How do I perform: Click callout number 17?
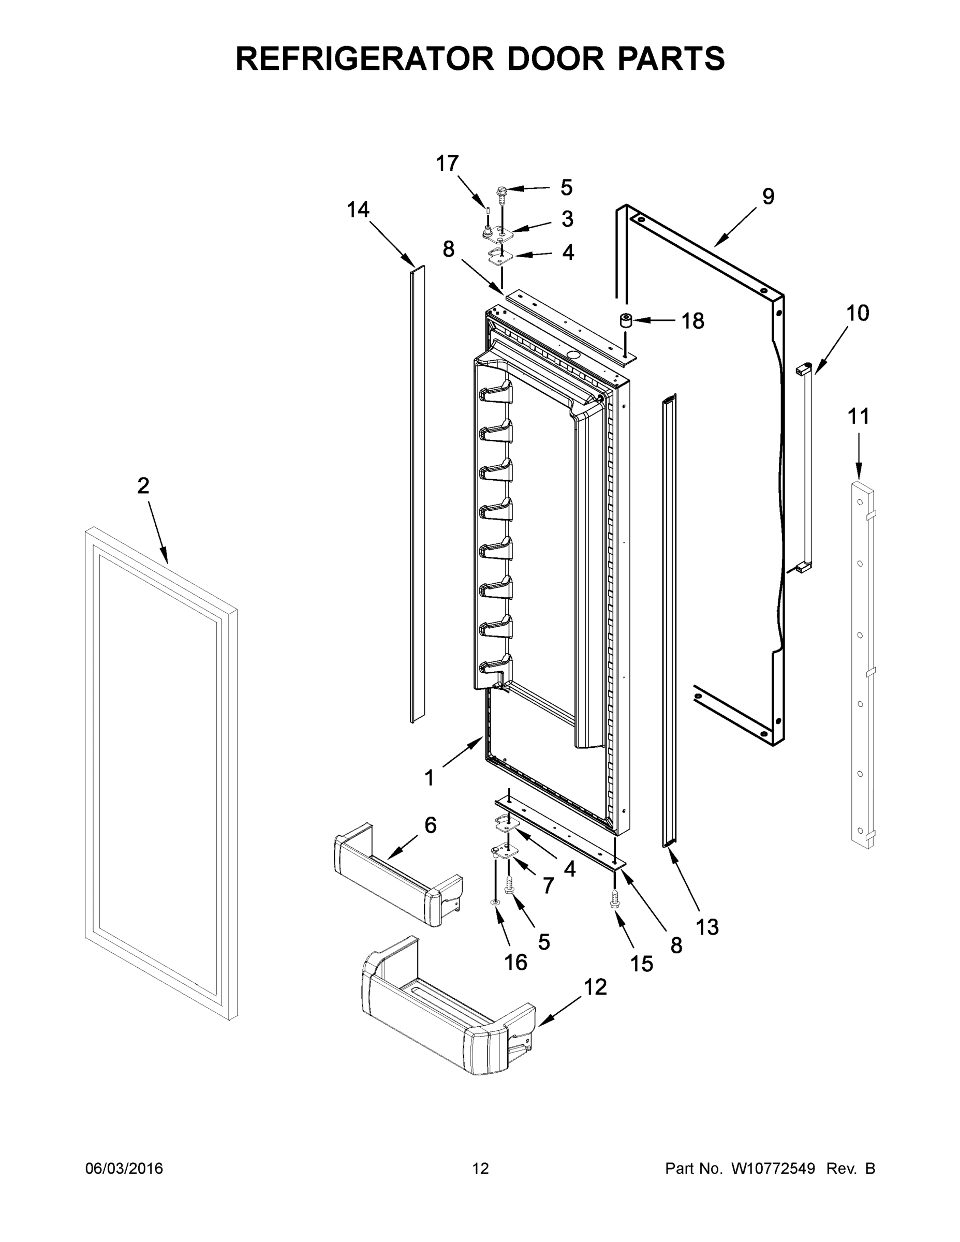pyautogui.click(x=447, y=164)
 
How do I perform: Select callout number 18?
pyautogui.click(x=693, y=321)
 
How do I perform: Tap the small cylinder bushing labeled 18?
pyautogui.click(x=626, y=321)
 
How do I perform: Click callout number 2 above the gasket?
pyautogui.click(x=143, y=485)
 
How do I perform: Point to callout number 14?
pyautogui.click(x=358, y=210)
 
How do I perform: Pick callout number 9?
pyautogui.click(x=768, y=197)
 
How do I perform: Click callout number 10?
pyautogui.click(x=858, y=313)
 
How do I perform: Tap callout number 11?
pyautogui.click(x=858, y=417)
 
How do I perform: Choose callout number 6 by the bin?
pyautogui.click(x=431, y=825)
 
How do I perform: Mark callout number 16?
pyautogui.click(x=516, y=962)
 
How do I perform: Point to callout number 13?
pyautogui.click(x=707, y=927)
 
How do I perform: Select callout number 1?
pyautogui.click(x=430, y=777)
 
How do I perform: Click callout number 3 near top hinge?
pyautogui.click(x=567, y=219)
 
